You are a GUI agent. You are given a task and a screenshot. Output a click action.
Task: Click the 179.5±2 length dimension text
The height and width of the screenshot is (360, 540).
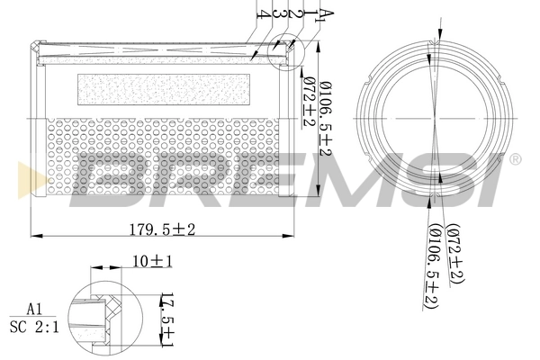161,229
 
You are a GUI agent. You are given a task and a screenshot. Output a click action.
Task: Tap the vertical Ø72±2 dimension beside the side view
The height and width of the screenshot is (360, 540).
308,103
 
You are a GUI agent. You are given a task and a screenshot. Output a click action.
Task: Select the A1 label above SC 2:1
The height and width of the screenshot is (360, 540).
34,309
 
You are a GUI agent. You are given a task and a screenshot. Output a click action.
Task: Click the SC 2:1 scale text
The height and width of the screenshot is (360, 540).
34,327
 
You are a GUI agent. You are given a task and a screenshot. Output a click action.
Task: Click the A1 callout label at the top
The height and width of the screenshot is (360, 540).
328,13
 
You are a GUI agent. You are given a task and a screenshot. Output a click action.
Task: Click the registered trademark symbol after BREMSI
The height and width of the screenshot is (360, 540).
514,159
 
